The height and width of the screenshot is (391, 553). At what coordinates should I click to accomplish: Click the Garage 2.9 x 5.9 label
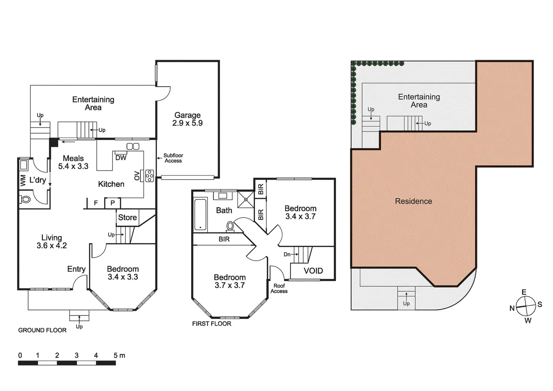[x=187, y=119]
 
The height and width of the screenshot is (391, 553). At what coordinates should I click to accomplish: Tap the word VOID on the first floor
[x=313, y=271]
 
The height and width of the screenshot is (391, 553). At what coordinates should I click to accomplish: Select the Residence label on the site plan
[x=413, y=201]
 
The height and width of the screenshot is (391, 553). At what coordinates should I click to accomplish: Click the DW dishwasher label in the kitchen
[x=121, y=158]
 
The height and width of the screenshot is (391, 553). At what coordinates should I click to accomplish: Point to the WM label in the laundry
[x=23, y=181]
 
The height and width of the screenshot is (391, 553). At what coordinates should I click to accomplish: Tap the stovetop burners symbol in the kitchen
[x=150, y=176]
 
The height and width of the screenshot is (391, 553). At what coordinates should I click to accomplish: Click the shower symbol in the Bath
[x=245, y=199]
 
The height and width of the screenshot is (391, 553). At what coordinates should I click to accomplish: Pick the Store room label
[x=127, y=217]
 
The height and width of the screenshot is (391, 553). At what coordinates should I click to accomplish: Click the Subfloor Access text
[x=173, y=158]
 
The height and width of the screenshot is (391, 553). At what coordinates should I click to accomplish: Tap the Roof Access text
[x=279, y=288]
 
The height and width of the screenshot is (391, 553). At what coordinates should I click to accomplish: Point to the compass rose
[x=526, y=306]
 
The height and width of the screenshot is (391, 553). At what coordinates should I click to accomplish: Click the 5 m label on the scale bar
[x=119, y=355]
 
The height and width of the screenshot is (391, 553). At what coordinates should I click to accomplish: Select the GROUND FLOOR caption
[x=42, y=330]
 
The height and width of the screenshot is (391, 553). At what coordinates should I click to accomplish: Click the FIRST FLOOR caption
[x=212, y=324]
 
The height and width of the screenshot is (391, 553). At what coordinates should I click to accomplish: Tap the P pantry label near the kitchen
[x=112, y=203]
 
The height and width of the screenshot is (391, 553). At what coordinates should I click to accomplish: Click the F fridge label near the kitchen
[x=96, y=203]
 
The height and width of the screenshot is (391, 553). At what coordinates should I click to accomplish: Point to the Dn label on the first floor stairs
[x=287, y=254]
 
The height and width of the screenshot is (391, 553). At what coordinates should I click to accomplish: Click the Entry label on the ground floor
[x=76, y=269]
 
